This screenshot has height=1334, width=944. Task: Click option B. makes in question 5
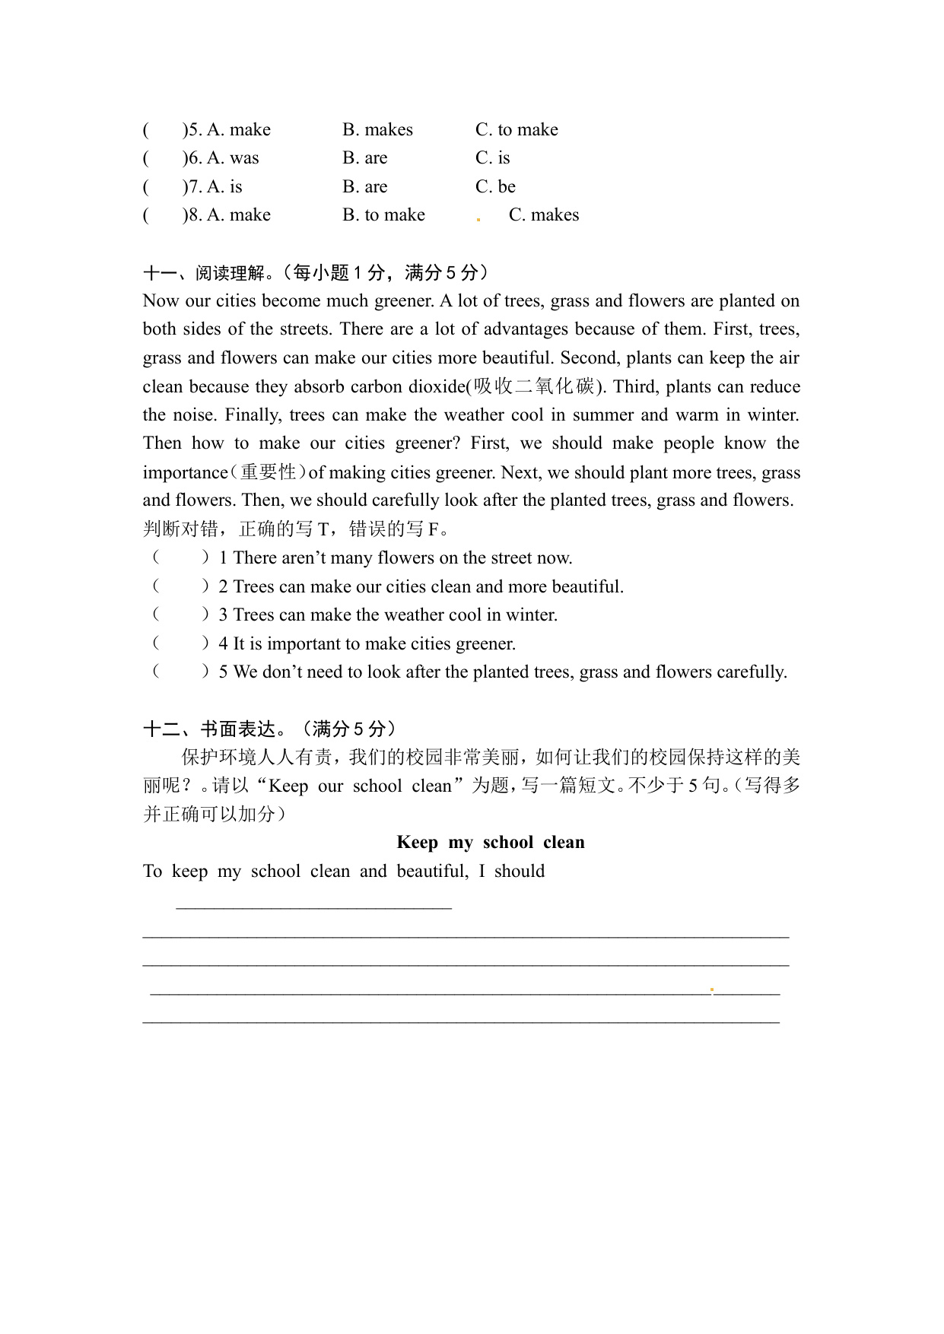(x=377, y=130)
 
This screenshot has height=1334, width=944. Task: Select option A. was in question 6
(x=233, y=158)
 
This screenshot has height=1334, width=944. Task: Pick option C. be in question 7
(x=495, y=187)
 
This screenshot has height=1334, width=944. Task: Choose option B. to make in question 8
(x=383, y=215)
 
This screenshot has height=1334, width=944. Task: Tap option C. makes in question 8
(x=543, y=215)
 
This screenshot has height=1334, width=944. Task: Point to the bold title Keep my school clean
(x=490, y=843)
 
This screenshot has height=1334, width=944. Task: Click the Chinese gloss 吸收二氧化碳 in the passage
(x=533, y=386)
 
